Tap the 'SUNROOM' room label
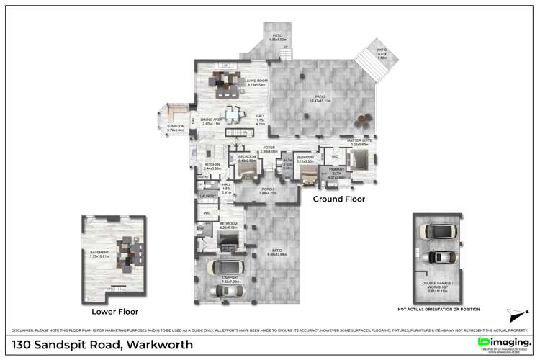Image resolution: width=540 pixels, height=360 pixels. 176,128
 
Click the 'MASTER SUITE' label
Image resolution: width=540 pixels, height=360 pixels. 359,143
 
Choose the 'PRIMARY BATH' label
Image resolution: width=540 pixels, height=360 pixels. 336,174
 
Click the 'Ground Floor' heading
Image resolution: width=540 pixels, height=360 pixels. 338,199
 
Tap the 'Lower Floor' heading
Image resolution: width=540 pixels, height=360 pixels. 114,312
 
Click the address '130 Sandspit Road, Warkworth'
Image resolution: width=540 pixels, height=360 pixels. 96,345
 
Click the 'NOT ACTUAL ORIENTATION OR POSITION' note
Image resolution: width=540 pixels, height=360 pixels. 437,309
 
